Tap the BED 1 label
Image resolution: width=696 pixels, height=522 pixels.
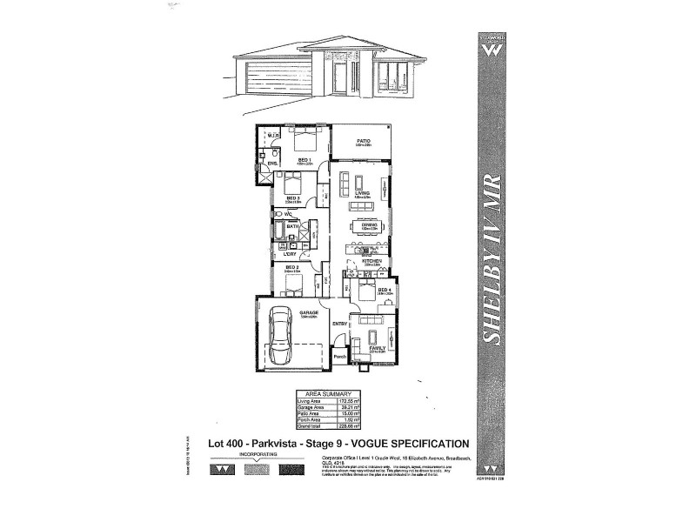[x=304, y=160]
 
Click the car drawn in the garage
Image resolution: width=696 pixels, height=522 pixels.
[x=281, y=338]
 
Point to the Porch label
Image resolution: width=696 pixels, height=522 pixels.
[x=340, y=356]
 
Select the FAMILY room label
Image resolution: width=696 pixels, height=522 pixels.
[x=377, y=348]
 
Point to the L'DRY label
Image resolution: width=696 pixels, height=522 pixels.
[x=291, y=253]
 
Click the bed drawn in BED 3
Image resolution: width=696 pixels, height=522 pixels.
[x=289, y=184]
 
